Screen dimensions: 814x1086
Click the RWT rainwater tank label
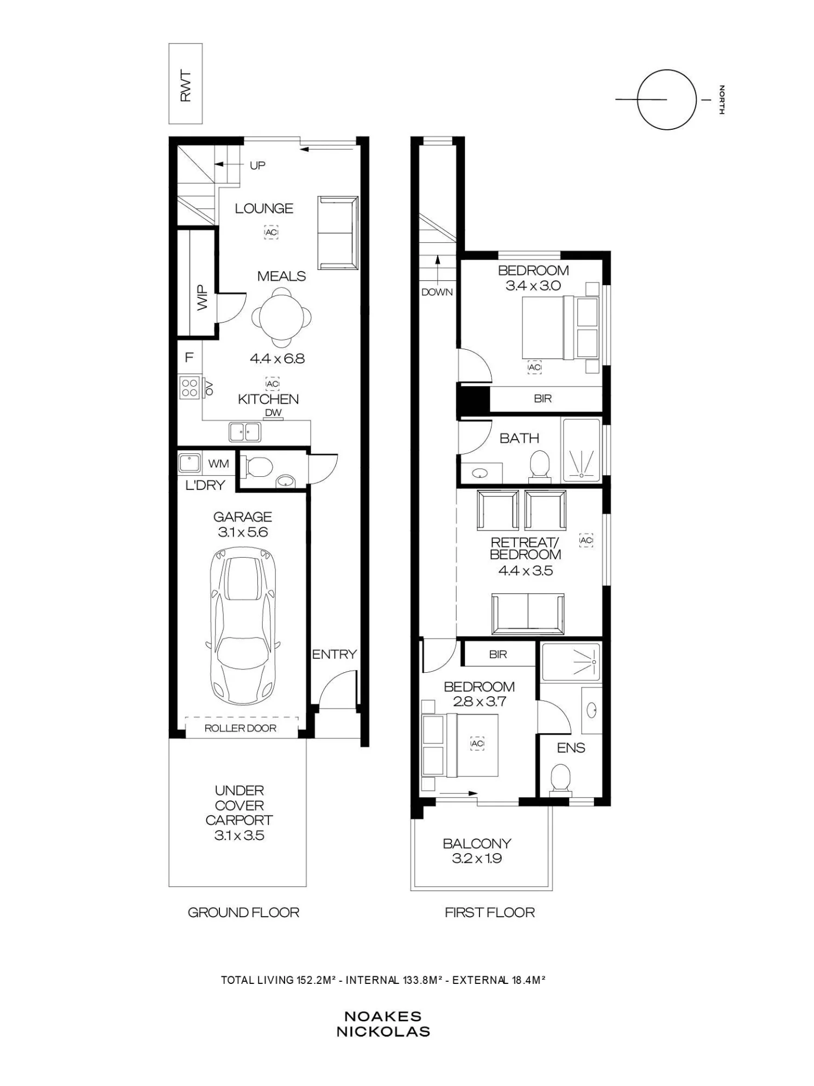pyautogui.click(x=186, y=85)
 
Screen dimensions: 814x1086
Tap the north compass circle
pyautogui.click(x=666, y=70)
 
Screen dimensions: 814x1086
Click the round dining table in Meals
pyautogui.click(x=282, y=317)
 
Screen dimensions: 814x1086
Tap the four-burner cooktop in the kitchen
pyautogui.click(x=190, y=388)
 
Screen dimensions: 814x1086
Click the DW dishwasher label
pyautogui.click(x=274, y=412)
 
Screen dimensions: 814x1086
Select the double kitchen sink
pyautogui.click(x=244, y=432)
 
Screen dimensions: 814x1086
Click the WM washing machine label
pyautogui.click(x=219, y=464)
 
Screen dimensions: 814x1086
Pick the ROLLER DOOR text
pyautogui.click(x=240, y=728)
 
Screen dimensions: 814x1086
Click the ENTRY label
pyautogui.click(x=334, y=654)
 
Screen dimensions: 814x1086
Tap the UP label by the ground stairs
pyautogui.click(x=257, y=166)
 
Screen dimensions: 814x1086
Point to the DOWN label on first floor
pyautogui.click(x=437, y=292)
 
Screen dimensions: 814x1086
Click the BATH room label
pyautogui.click(x=519, y=438)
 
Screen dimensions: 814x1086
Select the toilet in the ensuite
pyautogui.click(x=560, y=780)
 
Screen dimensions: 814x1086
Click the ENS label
pyautogui.click(x=571, y=748)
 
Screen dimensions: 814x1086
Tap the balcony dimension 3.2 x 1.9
pyautogui.click(x=477, y=858)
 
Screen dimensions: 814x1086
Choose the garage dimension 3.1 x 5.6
pyautogui.click(x=243, y=532)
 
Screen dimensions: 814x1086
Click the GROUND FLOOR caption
pyautogui.click(x=243, y=913)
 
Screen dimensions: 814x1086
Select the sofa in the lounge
pyautogui.click(x=338, y=233)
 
